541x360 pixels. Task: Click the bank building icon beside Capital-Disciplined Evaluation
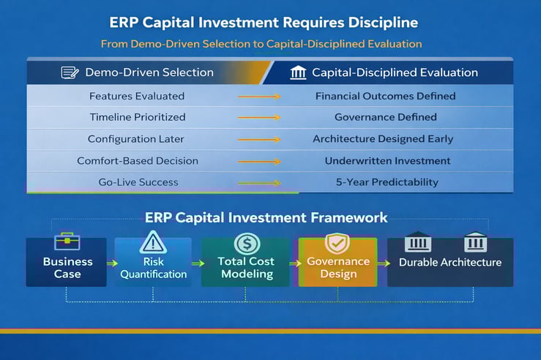pos(298,72)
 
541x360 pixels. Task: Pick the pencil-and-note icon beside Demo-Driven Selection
pos(70,72)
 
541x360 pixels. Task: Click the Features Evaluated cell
pos(137,96)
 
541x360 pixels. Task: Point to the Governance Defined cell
pos(385,117)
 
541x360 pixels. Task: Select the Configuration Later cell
pos(137,139)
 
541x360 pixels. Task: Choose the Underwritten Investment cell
pos(387,161)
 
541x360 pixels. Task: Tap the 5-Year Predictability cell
pos(387,182)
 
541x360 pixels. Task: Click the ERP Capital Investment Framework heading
pos(266,217)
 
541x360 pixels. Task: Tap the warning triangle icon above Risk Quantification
pos(154,241)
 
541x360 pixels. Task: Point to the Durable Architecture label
pos(450,262)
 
